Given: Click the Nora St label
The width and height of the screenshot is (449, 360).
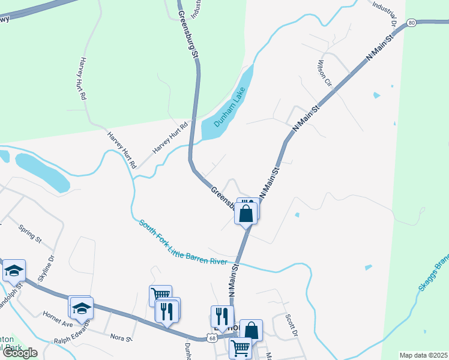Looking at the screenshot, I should pyautogui.click(x=121, y=338).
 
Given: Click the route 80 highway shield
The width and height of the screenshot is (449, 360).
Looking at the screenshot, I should pyautogui.click(x=411, y=23).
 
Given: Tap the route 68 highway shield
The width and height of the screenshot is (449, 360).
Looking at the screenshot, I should pyautogui.click(x=212, y=338).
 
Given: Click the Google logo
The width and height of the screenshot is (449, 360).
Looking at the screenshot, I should pyautogui.click(x=20, y=353).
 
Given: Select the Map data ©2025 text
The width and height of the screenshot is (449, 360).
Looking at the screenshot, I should pyautogui.click(x=423, y=355).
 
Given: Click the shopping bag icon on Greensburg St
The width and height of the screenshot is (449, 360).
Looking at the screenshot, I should pyautogui.click(x=246, y=212).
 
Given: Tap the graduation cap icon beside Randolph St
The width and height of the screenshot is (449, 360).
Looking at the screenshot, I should pyautogui.click(x=14, y=271).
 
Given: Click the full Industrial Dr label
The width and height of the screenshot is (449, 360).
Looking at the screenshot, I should pyautogui.click(x=385, y=11).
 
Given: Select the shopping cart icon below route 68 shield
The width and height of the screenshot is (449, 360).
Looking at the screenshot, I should pyautogui.click(x=241, y=347).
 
